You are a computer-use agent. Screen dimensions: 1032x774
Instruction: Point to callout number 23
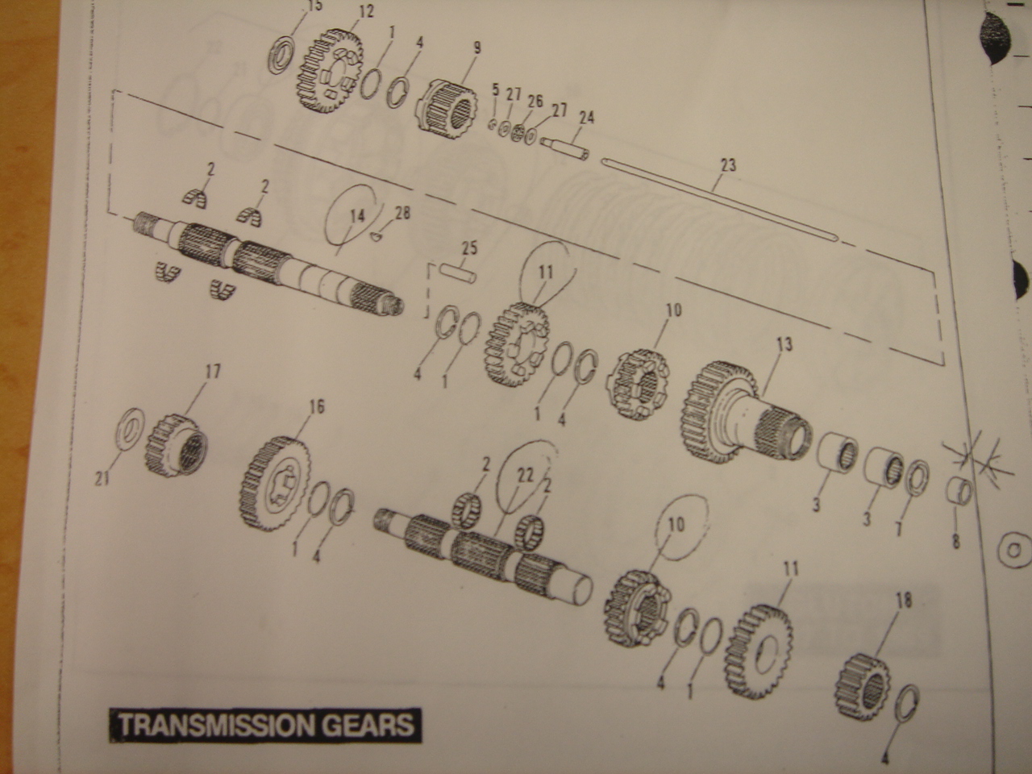click(728, 165)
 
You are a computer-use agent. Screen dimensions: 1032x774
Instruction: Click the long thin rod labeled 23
click(719, 200)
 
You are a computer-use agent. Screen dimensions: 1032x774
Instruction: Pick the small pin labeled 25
click(460, 273)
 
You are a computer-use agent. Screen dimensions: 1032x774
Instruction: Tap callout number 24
click(587, 117)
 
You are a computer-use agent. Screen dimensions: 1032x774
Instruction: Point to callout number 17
click(212, 372)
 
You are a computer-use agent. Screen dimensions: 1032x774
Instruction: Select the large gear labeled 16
click(276, 484)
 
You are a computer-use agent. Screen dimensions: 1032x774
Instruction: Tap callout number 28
click(402, 213)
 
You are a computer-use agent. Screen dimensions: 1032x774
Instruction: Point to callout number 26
click(535, 101)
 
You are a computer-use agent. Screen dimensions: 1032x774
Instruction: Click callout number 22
click(525, 475)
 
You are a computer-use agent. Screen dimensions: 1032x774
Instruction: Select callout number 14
click(357, 216)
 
